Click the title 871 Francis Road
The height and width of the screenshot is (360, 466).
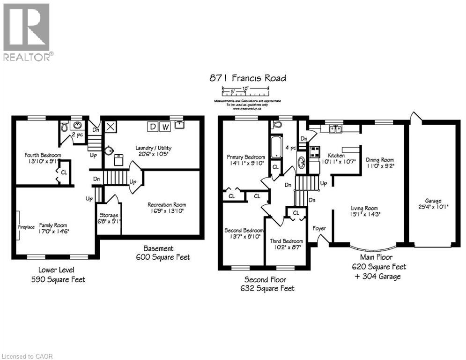tap(247, 78)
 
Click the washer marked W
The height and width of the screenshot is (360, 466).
tap(165, 127)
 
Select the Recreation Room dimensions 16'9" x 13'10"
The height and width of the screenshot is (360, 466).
tap(166, 211)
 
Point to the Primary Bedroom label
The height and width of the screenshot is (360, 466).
tap(246, 157)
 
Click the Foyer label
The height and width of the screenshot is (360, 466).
tap(320, 228)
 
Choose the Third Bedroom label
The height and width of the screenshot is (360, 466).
tap(286, 241)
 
